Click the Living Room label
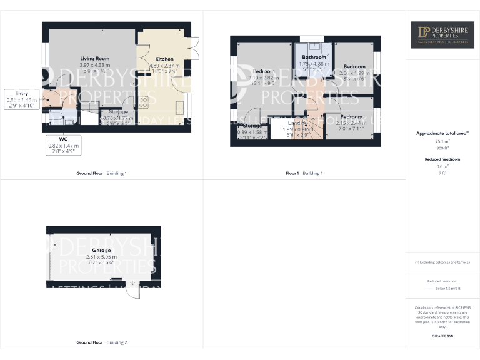(x=94, y=58)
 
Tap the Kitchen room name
(x=164, y=59)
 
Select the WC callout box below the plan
(x=64, y=144)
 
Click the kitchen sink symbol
(x=181, y=106)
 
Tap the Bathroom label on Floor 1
(x=314, y=57)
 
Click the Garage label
(x=102, y=250)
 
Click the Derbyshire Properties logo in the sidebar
(x=442, y=34)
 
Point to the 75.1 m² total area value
(x=442, y=142)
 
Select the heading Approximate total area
(x=441, y=133)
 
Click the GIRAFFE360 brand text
(x=442, y=336)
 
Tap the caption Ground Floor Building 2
(x=101, y=342)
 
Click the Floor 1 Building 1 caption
(x=304, y=173)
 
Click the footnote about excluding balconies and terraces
(x=442, y=262)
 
